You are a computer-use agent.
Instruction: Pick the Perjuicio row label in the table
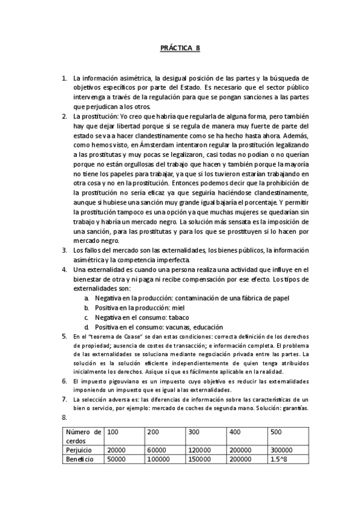point(80,449)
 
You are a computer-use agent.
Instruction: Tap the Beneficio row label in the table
point(80,459)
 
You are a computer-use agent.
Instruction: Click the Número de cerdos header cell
point(84,437)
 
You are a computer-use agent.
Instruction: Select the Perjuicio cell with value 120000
point(200,449)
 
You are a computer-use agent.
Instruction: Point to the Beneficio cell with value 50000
point(117,459)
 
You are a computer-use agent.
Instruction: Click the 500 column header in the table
point(276,432)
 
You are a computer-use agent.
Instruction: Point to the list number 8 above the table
point(64,417)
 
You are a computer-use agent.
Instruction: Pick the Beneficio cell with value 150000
point(200,459)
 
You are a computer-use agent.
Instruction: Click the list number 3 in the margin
point(65,250)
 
